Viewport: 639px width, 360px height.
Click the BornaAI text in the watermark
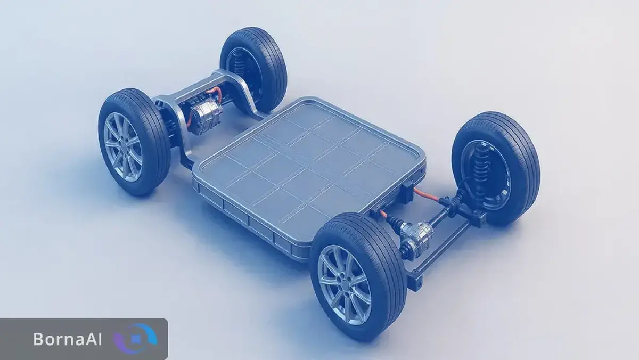coord(67,339)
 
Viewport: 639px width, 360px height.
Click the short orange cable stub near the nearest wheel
coord(383,215)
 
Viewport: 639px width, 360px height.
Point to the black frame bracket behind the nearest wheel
coord(415,276)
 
